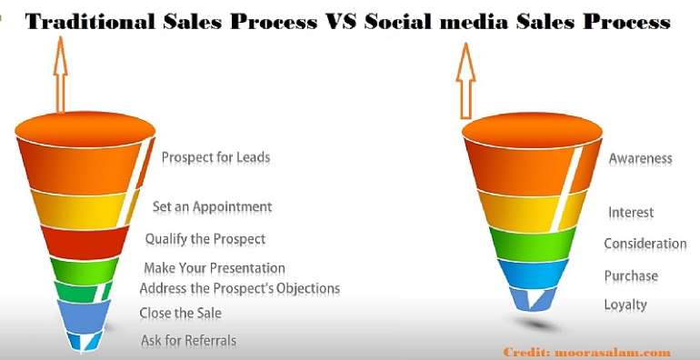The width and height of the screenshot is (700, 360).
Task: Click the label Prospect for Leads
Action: (215, 157)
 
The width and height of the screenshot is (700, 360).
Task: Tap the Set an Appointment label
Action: (212, 206)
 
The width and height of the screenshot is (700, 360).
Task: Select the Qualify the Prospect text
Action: (205, 239)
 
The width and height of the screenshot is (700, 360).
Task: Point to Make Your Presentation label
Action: (215, 268)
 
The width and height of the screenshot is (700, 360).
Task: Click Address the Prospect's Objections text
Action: (239, 288)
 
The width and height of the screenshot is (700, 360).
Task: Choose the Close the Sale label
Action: (180, 314)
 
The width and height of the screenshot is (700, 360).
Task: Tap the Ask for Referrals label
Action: (188, 341)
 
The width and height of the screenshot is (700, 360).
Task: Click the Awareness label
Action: (640, 158)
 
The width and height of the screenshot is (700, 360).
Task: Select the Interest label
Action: (630, 213)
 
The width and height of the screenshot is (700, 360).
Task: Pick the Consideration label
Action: (645, 244)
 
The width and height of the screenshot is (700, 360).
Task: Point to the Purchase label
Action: (631, 275)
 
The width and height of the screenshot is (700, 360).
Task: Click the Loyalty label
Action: (625, 305)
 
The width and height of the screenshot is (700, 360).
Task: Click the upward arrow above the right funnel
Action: (466, 79)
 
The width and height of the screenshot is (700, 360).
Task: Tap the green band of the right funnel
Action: (532, 242)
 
